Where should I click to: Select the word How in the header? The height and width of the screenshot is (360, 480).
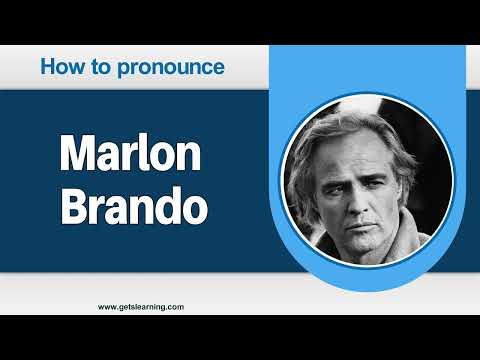[58, 68]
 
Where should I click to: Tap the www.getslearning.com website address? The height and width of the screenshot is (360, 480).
[141, 307]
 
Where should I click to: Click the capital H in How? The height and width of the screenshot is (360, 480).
[48, 68]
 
